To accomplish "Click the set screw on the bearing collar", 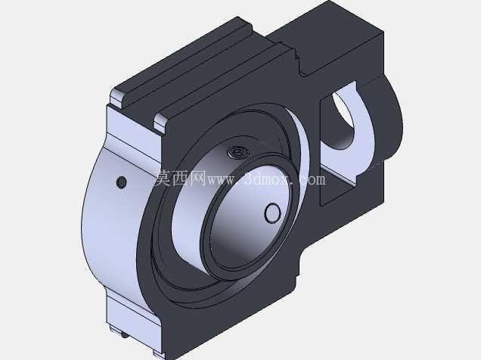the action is (236, 151).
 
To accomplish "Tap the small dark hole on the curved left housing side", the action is (122, 182).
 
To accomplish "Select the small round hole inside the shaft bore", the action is (272, 213).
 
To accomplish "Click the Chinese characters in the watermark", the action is (180, 178).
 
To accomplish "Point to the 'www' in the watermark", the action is (221, 180).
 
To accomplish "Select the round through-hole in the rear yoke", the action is (343, 119).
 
